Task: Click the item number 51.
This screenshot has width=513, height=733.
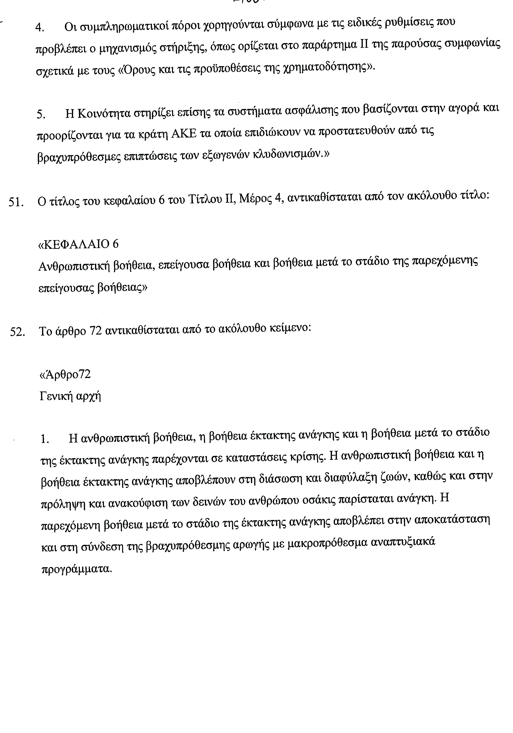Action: pyautogui.click(x=16, y=202)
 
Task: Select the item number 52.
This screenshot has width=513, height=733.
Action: pyautogui.click(x=18, y=332)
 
